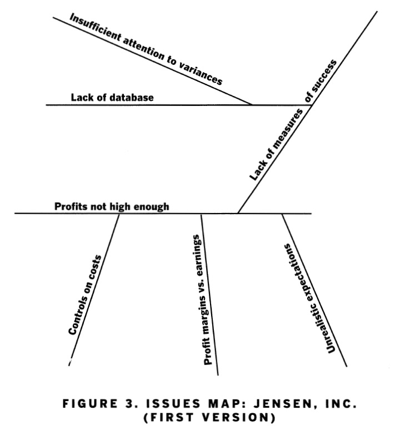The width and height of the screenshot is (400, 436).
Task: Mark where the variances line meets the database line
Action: (252, 105)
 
